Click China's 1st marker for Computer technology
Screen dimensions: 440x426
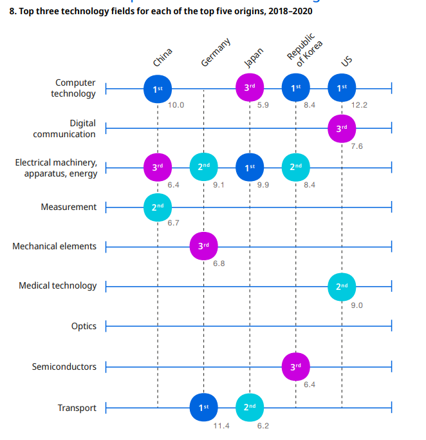tap(158, 88)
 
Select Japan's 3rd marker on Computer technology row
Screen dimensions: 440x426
tap(250, 88)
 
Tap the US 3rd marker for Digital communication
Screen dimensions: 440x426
tap(342, 128)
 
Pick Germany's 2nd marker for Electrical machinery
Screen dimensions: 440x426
tap(203, 167)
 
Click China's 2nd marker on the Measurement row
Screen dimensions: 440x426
tap(158, 207)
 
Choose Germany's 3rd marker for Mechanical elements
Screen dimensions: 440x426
tap(203, 246)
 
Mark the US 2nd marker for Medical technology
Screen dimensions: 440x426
tap(342, 285)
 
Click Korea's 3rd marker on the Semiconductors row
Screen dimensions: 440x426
tap(295, 367)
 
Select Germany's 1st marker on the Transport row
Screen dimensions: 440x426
tap(203, 407)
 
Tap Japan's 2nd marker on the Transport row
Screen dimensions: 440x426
tap(250, 407)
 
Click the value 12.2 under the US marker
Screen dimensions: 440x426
tap(359, 105)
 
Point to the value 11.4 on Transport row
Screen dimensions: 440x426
tap(221, 426)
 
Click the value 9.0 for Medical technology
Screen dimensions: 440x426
tap(357, 305)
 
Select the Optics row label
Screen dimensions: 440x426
tap(84, 326)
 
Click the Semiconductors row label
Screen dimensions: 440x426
tap(64, 367)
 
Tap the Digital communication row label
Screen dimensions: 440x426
tap(64, 129)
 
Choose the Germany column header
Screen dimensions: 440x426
tap(215, 53)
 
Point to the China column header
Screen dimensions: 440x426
tap(162, 57)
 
